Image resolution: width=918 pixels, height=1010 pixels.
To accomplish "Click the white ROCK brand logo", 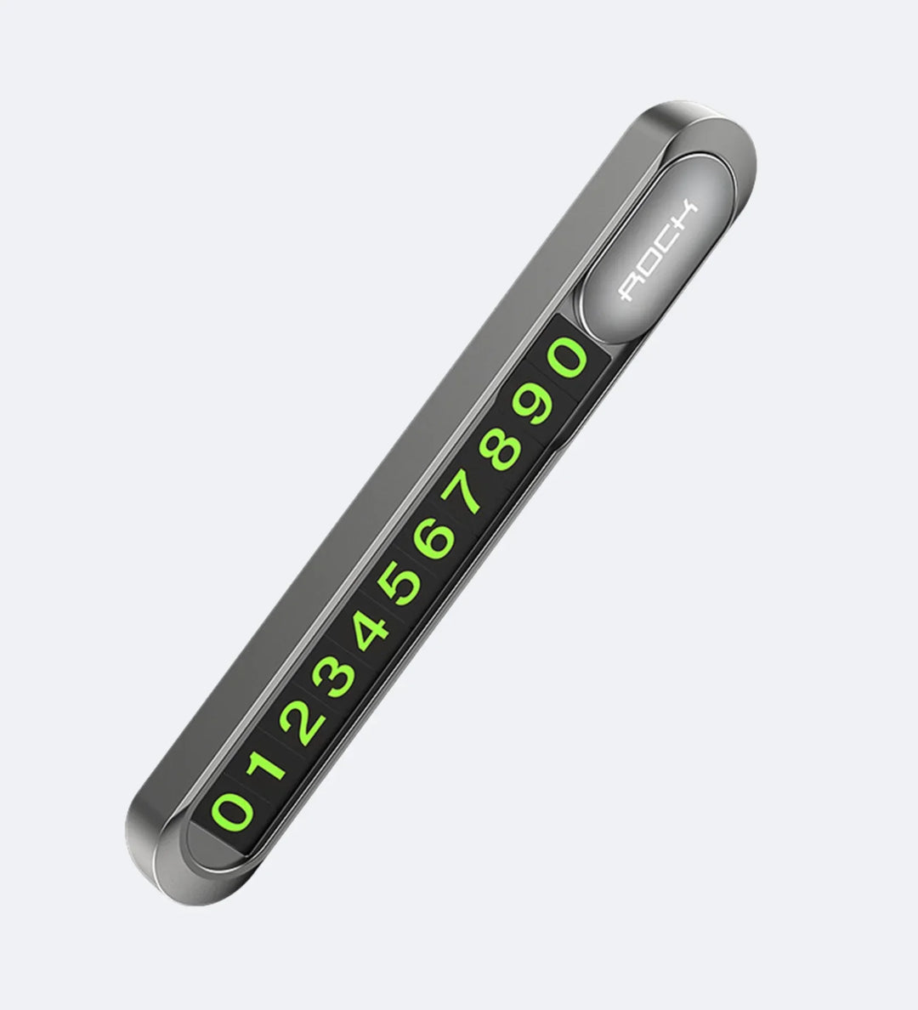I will click(658, 252).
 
